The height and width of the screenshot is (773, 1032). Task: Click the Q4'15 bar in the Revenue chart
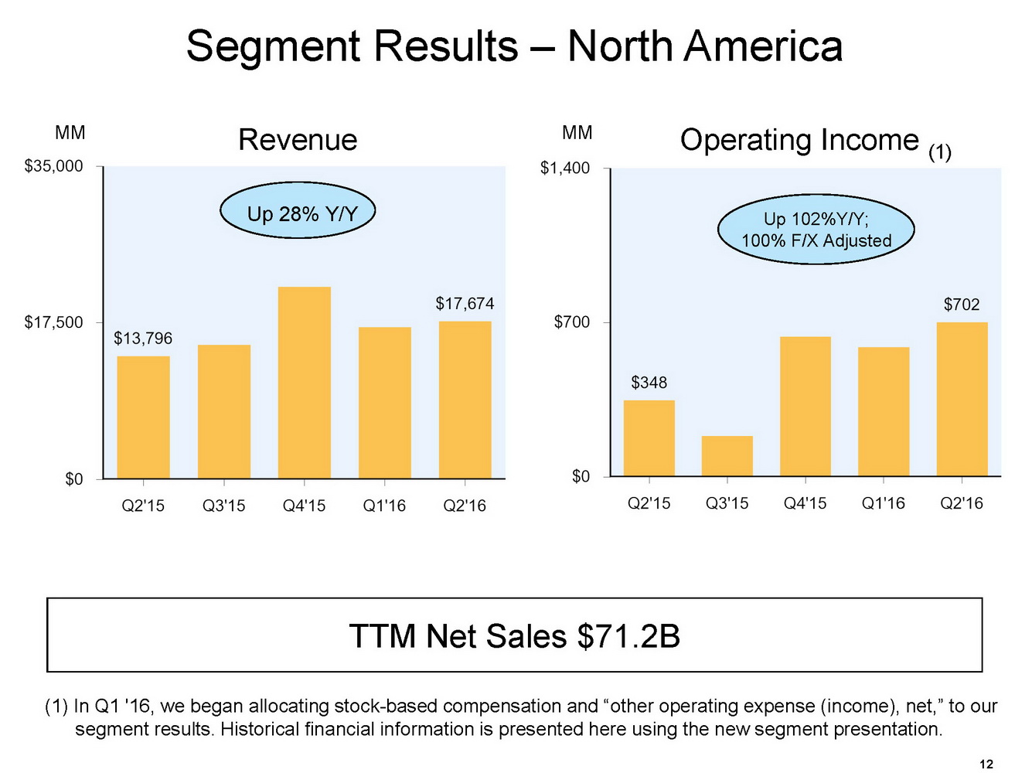304,383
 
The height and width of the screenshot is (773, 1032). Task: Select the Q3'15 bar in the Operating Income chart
727,456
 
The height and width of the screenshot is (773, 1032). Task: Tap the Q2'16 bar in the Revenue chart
465,400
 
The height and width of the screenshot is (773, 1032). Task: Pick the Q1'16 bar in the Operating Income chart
883,411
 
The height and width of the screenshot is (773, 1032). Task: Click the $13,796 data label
143,339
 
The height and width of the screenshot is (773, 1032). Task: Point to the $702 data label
961,305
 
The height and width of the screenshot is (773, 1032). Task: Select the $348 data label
649,383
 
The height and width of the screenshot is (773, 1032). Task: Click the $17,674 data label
465,304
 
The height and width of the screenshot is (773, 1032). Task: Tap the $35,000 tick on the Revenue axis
53,166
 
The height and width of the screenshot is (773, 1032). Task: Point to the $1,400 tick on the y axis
564,168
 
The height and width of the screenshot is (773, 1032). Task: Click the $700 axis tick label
571,322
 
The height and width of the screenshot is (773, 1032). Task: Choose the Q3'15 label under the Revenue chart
223,506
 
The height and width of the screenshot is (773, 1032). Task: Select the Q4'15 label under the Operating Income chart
805,503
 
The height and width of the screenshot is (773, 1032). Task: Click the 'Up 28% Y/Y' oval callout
298,213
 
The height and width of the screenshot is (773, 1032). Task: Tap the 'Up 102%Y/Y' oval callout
816,230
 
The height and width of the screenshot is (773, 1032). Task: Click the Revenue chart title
298,140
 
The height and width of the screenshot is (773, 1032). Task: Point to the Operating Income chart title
799,140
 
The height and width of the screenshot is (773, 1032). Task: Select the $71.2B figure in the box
628,636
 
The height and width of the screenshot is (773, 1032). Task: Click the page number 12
986,764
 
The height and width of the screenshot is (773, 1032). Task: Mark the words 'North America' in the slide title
704,46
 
